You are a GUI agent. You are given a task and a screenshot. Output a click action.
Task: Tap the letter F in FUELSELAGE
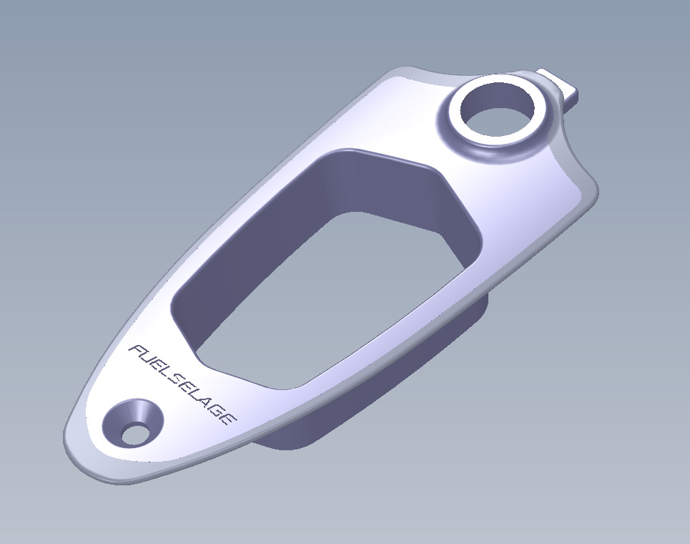point(135,350)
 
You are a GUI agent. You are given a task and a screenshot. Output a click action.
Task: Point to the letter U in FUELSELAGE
point(145,356)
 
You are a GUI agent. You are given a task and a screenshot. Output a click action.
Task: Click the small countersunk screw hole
point(133,432)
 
